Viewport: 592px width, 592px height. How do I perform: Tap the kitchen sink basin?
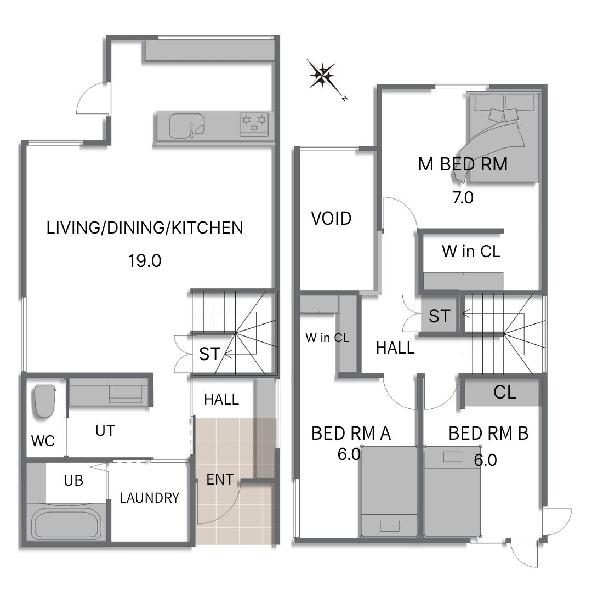[x=186, y=126]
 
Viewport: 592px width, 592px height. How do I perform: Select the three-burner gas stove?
[x=254, y=124]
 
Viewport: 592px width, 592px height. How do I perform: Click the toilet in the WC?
[x=45, y=401]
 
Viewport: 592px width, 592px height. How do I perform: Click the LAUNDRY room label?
[x=150, y=498]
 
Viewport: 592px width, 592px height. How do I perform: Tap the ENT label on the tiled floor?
[x=220, y=480]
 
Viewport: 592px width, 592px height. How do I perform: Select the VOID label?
[x=331, y=218]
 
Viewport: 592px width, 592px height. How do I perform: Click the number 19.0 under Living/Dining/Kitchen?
[x=145, y=261]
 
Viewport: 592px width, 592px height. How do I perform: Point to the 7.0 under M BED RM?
[x=463, y=197]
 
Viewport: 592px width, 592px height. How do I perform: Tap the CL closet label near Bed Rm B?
[x=505, y=392]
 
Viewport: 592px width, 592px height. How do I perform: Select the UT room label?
[x=105, y=431]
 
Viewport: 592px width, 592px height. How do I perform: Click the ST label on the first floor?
[x=209, y=354]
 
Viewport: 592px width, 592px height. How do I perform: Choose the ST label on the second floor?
[x=440, y=316]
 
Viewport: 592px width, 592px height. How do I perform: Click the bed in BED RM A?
[x=389, y=492]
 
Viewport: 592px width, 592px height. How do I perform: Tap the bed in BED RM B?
[x=453, y=492]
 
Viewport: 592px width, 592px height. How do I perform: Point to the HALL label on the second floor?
[x=395, y=348]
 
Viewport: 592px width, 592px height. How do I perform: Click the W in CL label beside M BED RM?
[x=471, y=251]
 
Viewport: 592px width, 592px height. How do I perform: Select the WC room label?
[x=43, y=441]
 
